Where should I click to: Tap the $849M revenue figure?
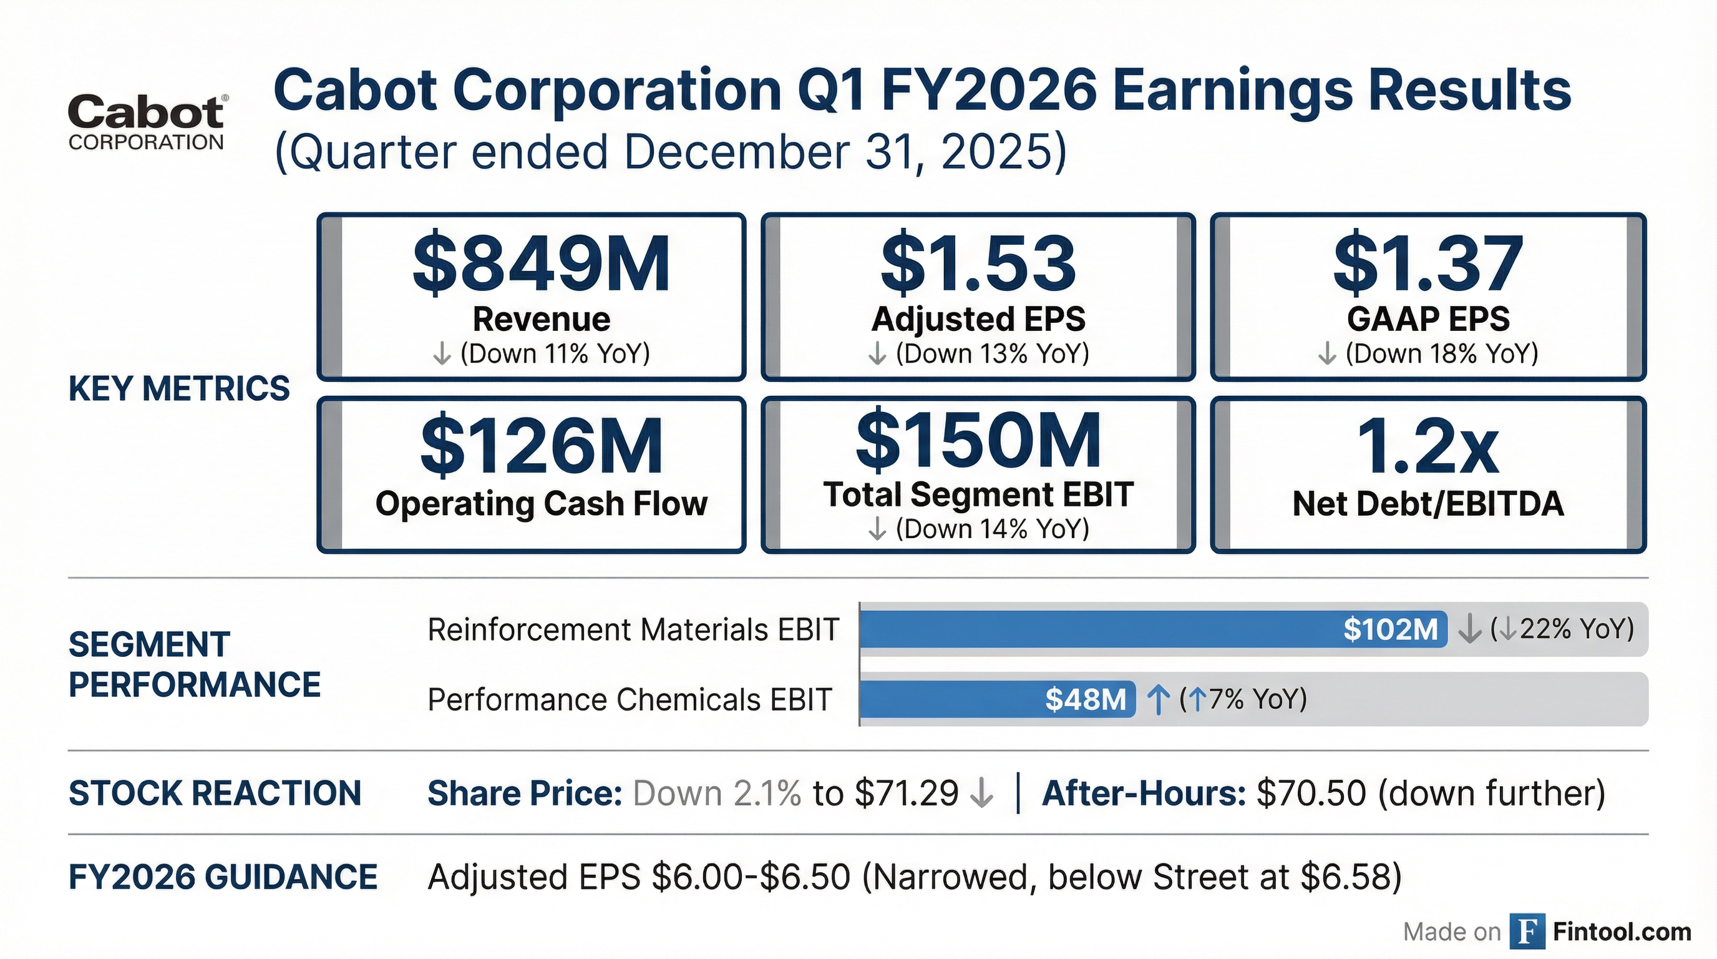(x=541, y=264)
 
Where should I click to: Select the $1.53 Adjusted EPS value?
(x=978, y=264)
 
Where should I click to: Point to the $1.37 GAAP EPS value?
(x=1428, y=264)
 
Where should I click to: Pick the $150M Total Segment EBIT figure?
(x=978, y=441)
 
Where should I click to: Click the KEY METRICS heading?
(x=179, y=388)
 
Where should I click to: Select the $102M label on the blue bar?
(x=1391, y=629)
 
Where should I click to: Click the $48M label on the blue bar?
(x=1085, y=699)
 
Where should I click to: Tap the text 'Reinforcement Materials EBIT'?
(x=633, y=629)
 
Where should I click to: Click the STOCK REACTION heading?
(x=215, y=793)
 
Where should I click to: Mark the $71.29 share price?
(x=907, y=793)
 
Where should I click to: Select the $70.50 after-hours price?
(x=1311, y=793)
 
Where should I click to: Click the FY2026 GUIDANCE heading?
(x=223, y=877)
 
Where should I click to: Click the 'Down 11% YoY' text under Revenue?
(x=555, y=353)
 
